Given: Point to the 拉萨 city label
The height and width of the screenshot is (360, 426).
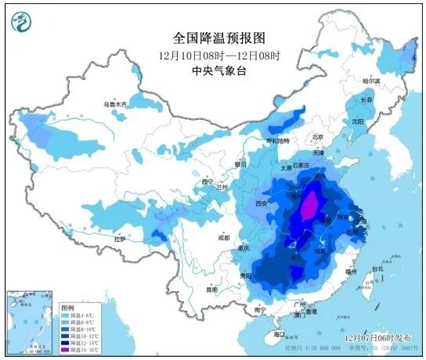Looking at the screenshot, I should tap(119, 238).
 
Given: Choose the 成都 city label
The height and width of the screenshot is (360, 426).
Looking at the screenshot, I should tap(225, 236).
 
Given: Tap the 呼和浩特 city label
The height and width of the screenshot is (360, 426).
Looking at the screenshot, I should tap(278, 141).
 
